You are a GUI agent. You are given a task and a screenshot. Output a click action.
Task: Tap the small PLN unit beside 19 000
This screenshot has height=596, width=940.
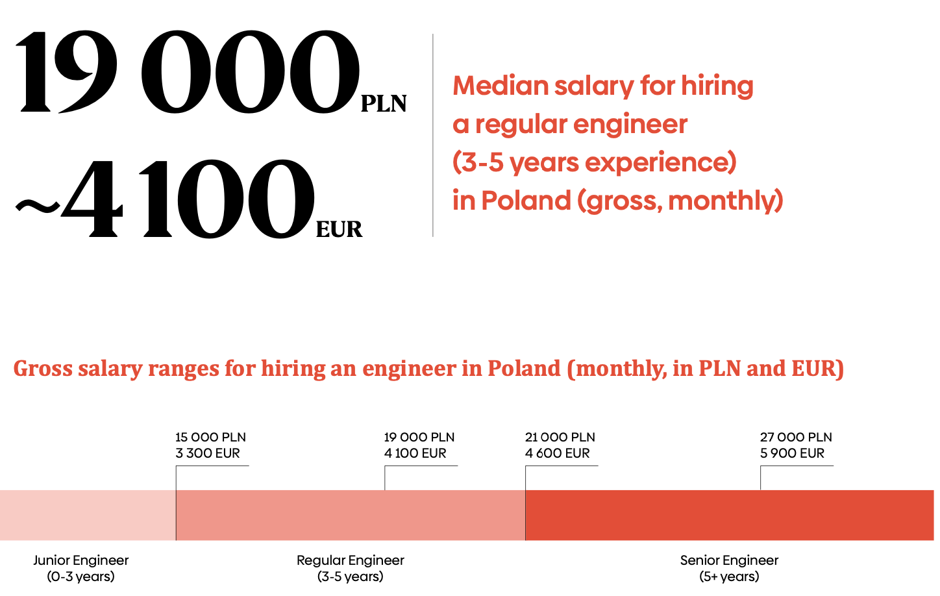tap(384, 104)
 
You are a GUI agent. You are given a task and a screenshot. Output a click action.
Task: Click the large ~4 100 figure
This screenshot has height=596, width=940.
tap(166, 199)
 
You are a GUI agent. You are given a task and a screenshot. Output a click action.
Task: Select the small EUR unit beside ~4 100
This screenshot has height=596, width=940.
tap(339, 229)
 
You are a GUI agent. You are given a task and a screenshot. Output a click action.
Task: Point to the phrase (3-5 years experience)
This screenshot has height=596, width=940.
tap(594, 162)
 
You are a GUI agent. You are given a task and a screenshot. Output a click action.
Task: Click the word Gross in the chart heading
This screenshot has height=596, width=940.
tap(43, 369)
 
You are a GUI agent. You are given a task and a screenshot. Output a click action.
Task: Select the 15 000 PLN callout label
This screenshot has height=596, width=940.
tap(210, 437)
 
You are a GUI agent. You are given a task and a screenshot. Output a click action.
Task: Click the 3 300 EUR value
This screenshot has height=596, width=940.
tap(208, 453)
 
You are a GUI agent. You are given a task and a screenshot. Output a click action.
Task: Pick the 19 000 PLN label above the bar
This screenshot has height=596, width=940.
tap(419, 437)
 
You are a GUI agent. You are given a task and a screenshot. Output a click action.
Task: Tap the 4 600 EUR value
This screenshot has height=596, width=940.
tap(557, 453)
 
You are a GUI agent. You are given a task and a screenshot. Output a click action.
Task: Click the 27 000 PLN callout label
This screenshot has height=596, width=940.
tap(796, 437)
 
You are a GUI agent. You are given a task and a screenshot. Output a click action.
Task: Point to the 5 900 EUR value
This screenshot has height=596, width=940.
tap(792, 453)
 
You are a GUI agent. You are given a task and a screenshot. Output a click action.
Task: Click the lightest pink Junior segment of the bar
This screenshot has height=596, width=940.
tap(88, 515)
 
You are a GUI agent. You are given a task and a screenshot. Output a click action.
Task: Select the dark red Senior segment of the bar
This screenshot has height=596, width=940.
tap(729, 515)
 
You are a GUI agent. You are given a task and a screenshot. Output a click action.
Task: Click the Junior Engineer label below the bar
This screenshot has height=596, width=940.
tap(81, 560)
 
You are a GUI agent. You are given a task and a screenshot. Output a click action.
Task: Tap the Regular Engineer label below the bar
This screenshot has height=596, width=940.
tap(351, 560)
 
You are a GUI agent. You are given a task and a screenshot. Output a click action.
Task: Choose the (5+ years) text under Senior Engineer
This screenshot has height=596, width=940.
tap(729, 577)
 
